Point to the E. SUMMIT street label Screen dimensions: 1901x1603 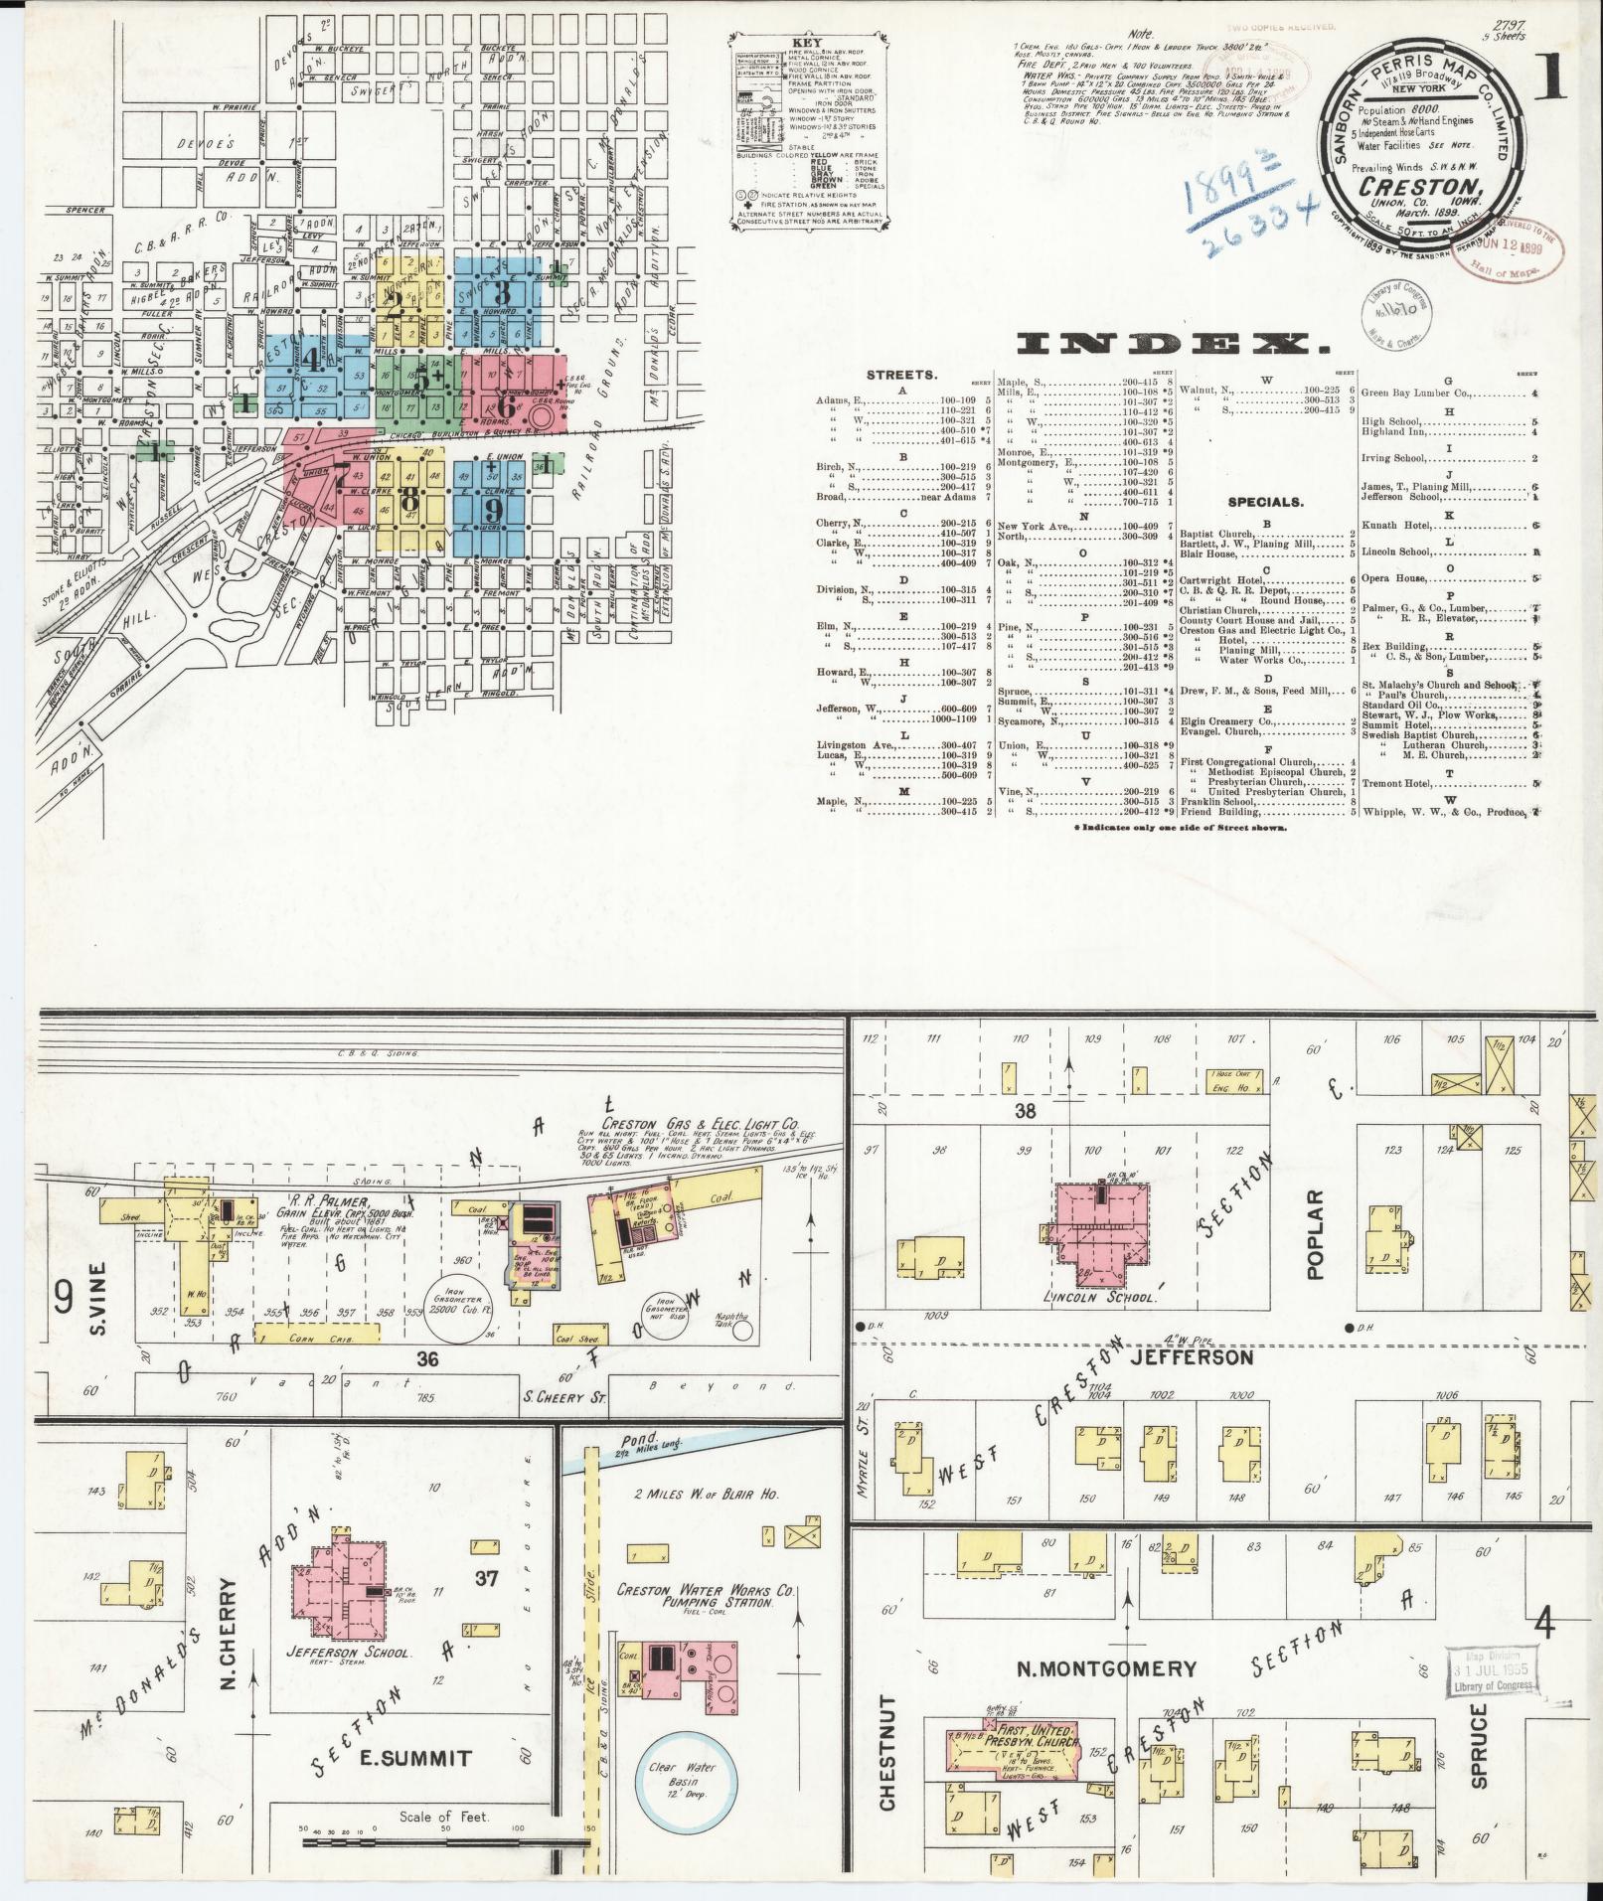423,1758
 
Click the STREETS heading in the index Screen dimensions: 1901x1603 901,376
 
